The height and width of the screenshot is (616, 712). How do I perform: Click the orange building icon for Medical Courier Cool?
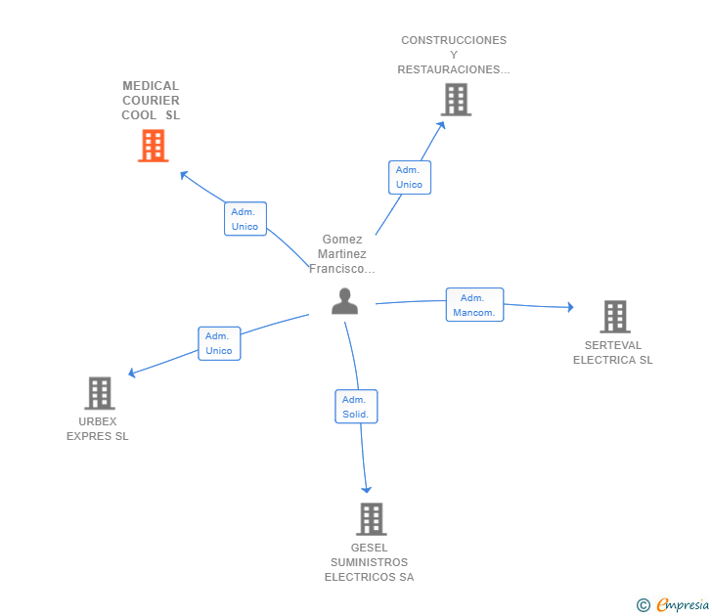click(154, 146)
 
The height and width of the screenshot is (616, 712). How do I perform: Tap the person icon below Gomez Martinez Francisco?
click(344, 301)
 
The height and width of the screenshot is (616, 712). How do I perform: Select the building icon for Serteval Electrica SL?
click(615, 317)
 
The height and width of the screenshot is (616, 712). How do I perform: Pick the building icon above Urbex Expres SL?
click(100, 393)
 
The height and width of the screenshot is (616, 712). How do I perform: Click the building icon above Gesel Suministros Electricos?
click(372, 519)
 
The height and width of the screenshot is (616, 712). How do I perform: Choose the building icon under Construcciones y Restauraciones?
click(457, 100)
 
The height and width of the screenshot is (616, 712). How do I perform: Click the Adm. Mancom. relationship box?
click(474, 305)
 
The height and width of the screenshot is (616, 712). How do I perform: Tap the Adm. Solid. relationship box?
click(356, 407)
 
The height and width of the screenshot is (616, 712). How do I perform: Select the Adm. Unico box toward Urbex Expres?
click(219, 343)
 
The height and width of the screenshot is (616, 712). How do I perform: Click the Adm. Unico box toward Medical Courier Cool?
click(245, 219)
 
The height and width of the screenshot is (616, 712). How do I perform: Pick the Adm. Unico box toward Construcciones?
click(410, 178)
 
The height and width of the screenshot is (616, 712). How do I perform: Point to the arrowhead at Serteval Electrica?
click(571, 307)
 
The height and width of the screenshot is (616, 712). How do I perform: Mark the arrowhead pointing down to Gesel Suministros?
click(367, 490)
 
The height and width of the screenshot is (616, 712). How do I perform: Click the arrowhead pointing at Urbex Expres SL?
click(132, 374)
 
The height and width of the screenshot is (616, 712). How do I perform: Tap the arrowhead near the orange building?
click(184, 175)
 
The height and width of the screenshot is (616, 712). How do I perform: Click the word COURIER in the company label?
click(151, 101)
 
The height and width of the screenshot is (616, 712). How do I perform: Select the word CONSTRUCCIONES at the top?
click(454, 40)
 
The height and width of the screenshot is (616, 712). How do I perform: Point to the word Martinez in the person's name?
click(342, 254)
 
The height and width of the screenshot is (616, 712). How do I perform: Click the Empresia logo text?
click(683, 604)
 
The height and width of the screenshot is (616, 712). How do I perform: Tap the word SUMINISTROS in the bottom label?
click(369, 562)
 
